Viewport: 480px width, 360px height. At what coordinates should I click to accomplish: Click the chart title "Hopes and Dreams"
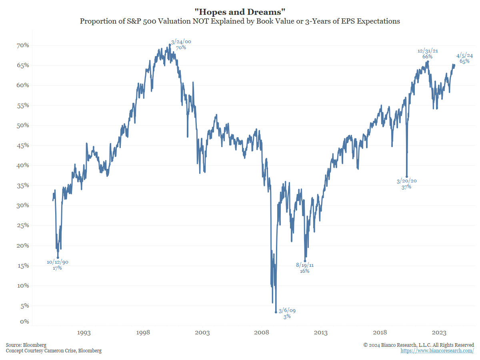click(240, 12)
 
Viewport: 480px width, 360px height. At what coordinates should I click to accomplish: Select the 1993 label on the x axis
click(84, 333)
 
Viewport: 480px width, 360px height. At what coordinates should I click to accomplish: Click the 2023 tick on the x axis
click(439, 333)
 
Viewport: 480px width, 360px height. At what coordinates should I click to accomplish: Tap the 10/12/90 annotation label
click(58, 262)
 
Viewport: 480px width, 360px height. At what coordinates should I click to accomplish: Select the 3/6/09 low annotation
click(287, 311)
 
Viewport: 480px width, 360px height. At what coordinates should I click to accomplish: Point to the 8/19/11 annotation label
click(305, 265)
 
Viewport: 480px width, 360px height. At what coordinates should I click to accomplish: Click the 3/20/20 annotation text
click(406, 181)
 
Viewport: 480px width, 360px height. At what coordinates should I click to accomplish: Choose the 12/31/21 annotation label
click(428, 51)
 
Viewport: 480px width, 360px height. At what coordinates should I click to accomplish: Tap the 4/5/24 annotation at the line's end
click(465, 56)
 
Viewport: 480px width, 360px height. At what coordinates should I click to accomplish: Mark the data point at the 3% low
click(276, 312)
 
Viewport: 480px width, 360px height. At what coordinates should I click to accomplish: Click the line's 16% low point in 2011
click(305, 261)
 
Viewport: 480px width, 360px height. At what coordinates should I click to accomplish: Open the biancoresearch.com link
click(437, 351)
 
